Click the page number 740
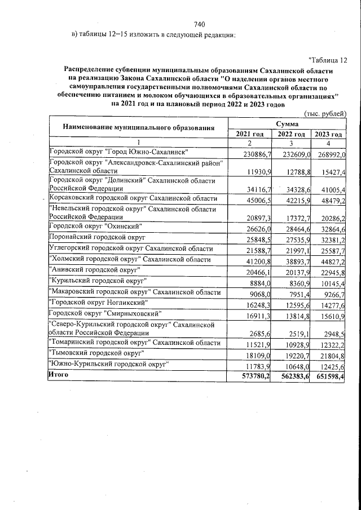coord(198,24)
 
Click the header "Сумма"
coord(288,123)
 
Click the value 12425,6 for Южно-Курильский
coord(330,368)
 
